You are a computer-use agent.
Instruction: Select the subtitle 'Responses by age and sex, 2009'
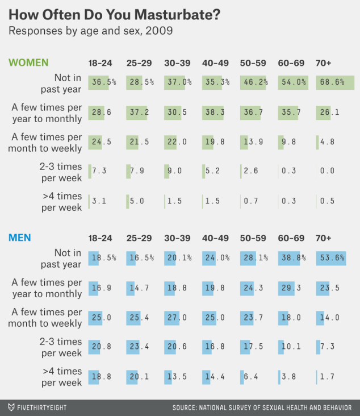(91, 30)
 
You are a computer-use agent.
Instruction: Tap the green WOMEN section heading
(28, 63)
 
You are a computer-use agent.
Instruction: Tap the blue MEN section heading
(20, 237)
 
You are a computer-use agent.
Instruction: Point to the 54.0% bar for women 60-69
(293, 82)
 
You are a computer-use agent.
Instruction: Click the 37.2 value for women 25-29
(139, 113)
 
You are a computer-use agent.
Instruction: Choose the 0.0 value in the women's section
(327, 171)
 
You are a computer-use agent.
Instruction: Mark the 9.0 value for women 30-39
(175, 171)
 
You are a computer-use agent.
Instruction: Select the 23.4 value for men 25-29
(139, 346)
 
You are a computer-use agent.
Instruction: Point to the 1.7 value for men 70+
(327, 376)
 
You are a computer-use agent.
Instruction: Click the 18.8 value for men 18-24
(101, 376)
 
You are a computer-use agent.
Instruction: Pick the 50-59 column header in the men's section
(252, 238)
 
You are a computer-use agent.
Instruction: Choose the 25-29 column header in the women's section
(139, 63)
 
